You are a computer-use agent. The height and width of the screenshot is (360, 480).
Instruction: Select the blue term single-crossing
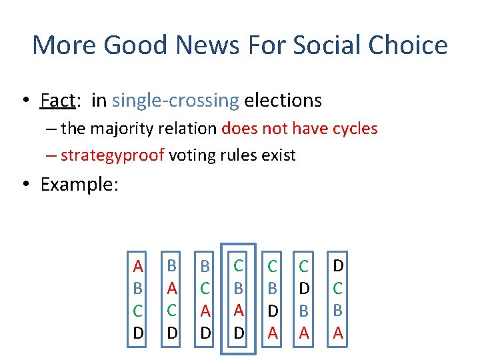pos(175,101)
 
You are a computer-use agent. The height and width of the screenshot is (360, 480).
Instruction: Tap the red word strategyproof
pos(112,155)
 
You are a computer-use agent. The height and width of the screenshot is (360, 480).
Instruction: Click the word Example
pos(79,184)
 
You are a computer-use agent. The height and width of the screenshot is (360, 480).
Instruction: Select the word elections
pos(283,101)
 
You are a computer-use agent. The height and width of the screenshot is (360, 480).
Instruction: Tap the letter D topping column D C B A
pos(338,266)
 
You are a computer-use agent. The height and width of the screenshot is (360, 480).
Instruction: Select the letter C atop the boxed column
pos(238,266)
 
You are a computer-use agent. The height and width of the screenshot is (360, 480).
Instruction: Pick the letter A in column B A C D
pos(171,289)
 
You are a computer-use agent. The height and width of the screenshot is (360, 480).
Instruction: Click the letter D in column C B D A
pos(272,311)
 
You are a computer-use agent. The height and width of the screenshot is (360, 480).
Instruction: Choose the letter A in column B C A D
pos(205,311)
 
